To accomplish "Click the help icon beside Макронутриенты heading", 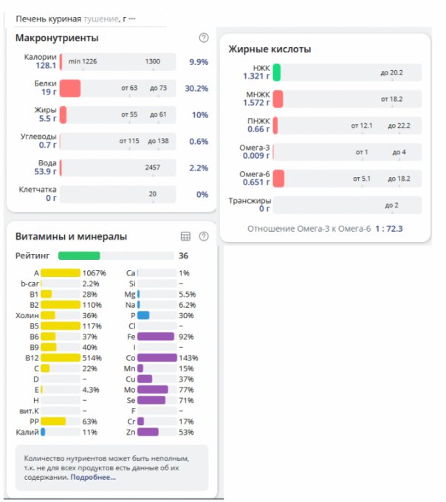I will point(204,38).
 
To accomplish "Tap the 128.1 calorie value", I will point(45,66).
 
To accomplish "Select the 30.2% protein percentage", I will point(196,89).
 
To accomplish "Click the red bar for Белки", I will point(70,89).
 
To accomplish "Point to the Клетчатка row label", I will point(38,190).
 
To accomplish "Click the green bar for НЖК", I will point(277,72).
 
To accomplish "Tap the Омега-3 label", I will point(255,148).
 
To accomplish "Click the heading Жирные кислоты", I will point(269,49).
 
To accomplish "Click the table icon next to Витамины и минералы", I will point(186,236).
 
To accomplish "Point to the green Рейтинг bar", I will point(79,255).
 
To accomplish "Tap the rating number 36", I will point(183,256).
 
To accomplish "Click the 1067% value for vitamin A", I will point(95,273).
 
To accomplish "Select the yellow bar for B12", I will point(61,357).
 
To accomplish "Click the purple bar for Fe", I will point(156,336).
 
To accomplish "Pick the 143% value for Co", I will point(190,357).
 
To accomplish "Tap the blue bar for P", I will point(143,315).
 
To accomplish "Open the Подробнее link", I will point(93,478).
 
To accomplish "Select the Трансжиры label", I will point(250,200).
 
